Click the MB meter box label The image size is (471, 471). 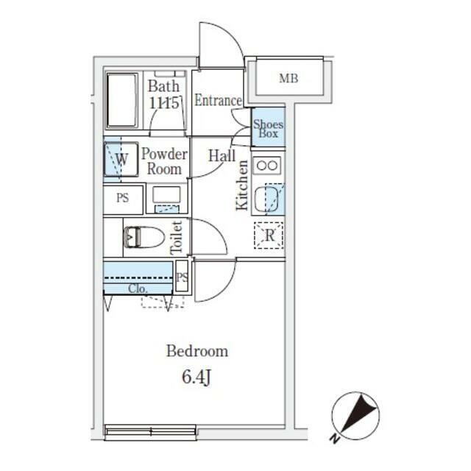[288, 79]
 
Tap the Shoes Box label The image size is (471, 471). [268, 129]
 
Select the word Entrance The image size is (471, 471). [218, 100]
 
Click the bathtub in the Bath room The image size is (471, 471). [122, 100]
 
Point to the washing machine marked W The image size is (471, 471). [121, 159]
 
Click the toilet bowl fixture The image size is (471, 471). [144, 237]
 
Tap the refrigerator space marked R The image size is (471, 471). [269, 235]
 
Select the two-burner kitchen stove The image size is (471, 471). [267, 165]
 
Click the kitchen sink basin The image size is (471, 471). [266, 199]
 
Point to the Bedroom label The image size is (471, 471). [197, 351]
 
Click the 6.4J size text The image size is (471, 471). [196, 377]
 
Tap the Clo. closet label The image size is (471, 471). [138, 288]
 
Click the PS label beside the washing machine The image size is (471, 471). [123, 198]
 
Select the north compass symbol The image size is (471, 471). [356, 416]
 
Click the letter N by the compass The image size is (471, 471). [334, 439]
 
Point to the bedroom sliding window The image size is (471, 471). [150, 432]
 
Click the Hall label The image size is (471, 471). [222, 155]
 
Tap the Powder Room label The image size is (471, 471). [164, 161]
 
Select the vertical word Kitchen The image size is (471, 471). [242, 185]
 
